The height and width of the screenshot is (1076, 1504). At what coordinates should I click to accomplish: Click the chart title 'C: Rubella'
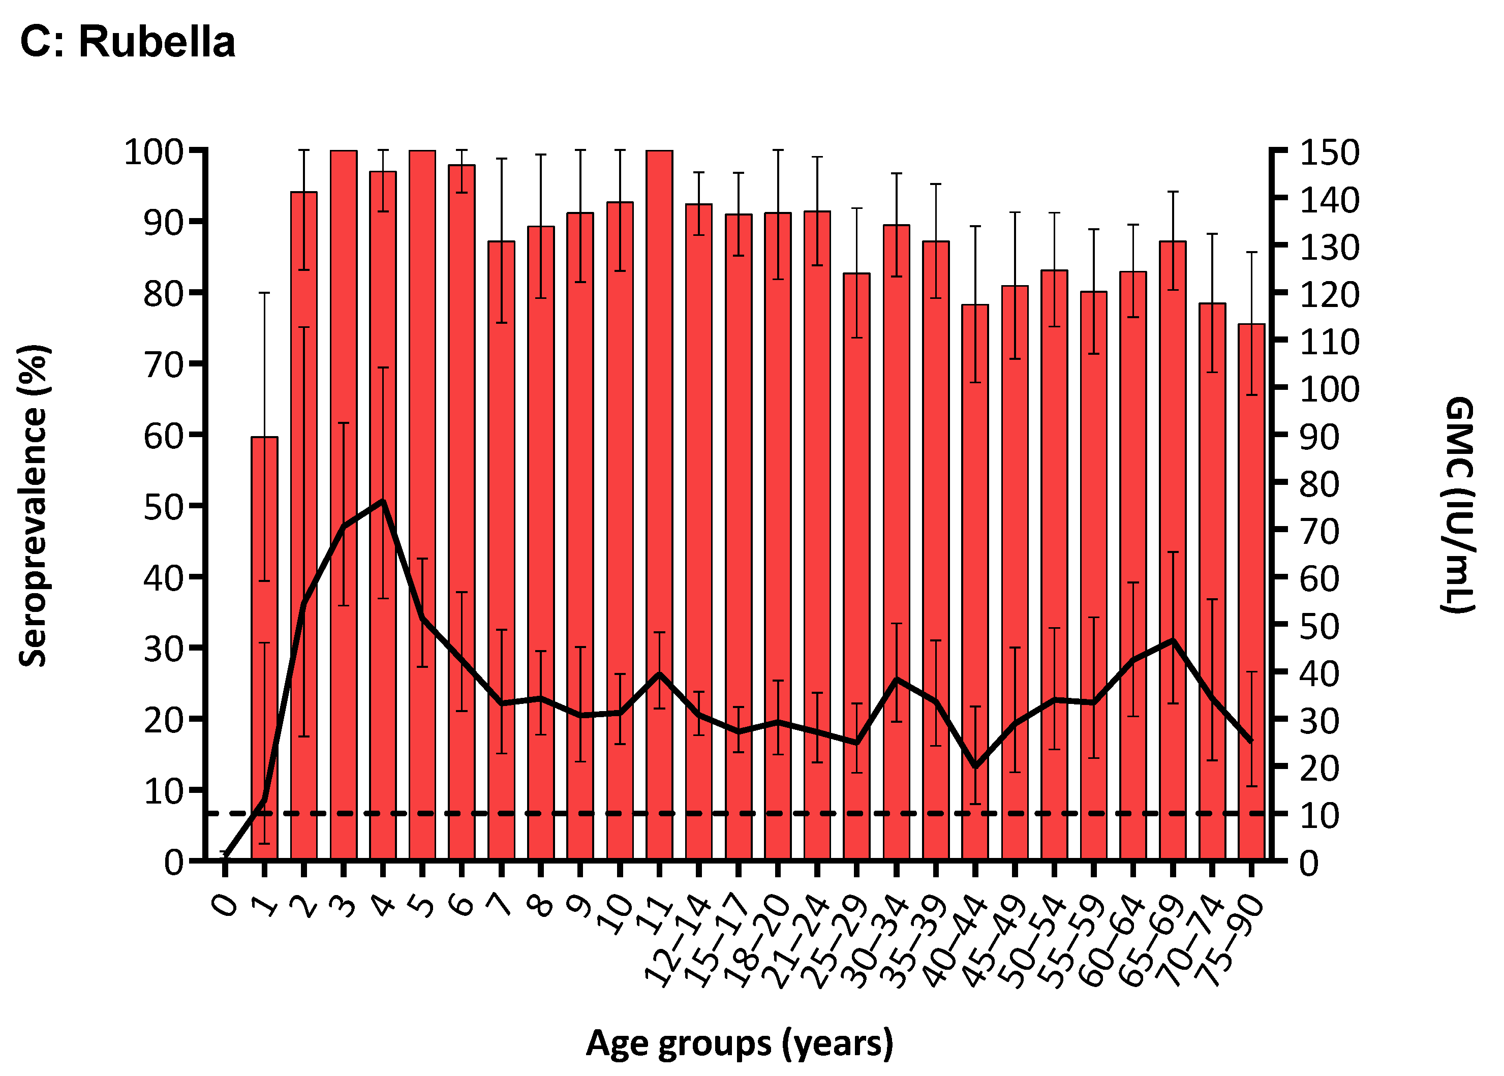[x=127, y=42]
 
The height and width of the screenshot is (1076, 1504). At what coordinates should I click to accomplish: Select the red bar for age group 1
[x=264, y=663]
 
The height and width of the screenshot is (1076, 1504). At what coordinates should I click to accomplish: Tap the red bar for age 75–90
[x=1251, y=596]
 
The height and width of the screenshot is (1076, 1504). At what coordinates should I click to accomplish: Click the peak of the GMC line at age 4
[x=382, y=501]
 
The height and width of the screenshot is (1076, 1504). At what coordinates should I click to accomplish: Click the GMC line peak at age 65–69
[x=1173, y=640]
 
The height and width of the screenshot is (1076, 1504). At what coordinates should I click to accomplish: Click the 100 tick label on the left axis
[x=154, y=152]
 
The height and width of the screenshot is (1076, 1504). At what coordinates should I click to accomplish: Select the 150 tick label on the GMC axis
[x=1329, y=152]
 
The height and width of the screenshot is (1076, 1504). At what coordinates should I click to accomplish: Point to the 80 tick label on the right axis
[x=1319, y=484]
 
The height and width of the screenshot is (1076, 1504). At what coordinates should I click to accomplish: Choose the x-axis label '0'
[x=225, y=904]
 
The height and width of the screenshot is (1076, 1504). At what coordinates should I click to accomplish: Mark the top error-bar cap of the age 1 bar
[x=264, y=293]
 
